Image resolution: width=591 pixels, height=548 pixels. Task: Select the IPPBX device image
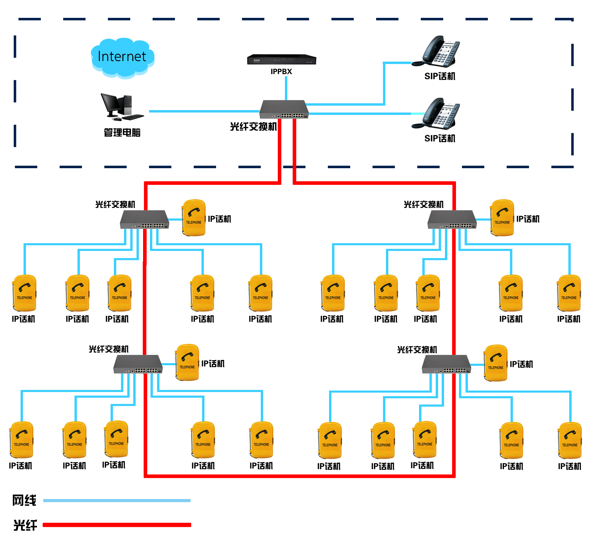pos(281,60)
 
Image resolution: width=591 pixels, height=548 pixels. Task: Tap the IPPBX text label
pos(281,72)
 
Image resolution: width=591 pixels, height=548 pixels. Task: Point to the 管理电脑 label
pos(122,132)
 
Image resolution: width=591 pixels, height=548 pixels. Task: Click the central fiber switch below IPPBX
pos(284,110)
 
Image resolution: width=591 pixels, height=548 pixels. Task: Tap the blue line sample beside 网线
pos(117,500)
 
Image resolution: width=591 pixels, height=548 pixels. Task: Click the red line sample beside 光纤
pos(117,525)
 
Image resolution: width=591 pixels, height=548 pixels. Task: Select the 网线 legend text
pos(24,500)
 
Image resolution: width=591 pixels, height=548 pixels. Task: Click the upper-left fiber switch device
pos(145,220)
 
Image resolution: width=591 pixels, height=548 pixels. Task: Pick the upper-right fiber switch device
pos(452,220)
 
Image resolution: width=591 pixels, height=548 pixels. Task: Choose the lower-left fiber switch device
pos(138,364)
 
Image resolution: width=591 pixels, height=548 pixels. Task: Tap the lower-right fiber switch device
pos(446,364)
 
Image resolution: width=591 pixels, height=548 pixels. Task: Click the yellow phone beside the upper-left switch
pos(194,218)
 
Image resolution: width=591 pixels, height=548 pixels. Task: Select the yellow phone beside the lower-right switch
pos(496,363)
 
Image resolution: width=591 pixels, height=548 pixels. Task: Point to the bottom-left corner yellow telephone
pos(21,440)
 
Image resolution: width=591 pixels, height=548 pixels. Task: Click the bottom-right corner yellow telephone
pos(570,441)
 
